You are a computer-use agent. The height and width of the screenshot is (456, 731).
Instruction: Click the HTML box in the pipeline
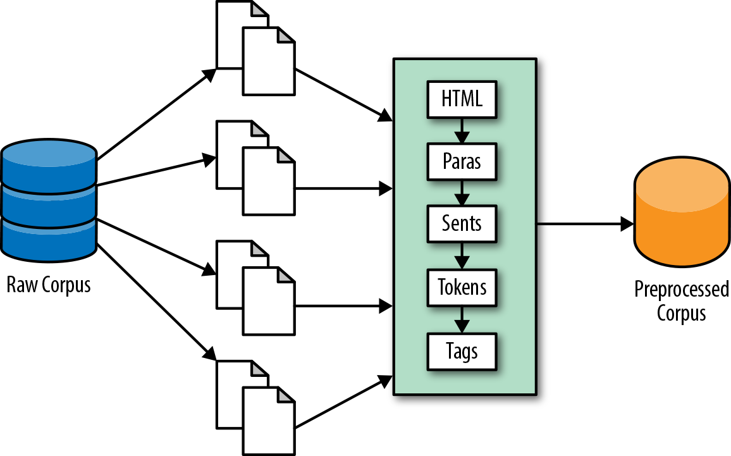point(462,99)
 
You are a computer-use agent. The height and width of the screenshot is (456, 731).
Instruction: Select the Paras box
point(462,161)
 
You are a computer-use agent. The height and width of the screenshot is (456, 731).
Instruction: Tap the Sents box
point(462,224)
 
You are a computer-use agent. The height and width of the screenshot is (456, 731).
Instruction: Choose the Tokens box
point(462,288)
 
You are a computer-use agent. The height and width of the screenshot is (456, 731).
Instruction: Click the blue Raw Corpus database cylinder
point(49,201)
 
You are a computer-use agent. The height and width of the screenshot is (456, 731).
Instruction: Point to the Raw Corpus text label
point(49,285)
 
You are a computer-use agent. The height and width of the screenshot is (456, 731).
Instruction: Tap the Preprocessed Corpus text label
point(681,301)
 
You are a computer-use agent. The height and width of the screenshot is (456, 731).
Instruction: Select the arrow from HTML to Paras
point(462,130)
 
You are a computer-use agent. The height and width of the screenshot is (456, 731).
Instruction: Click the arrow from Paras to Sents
point(462,193)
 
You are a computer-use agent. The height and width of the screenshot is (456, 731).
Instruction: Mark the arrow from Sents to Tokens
point(462,256)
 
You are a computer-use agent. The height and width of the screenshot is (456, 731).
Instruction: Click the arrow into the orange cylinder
point(585,224)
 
